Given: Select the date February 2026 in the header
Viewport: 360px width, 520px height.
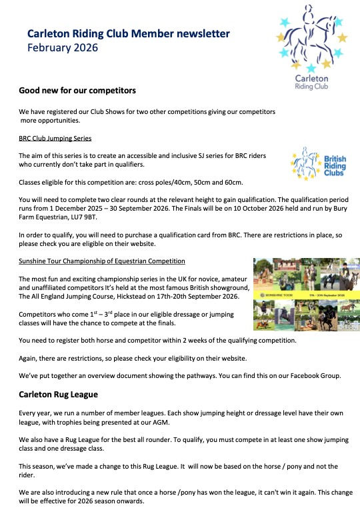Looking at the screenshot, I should [x=63, y=48].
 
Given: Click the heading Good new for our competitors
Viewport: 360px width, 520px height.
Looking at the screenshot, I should [x=77, y=90].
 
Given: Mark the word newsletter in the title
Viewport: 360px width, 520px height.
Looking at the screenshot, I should [x=200, y=33].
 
